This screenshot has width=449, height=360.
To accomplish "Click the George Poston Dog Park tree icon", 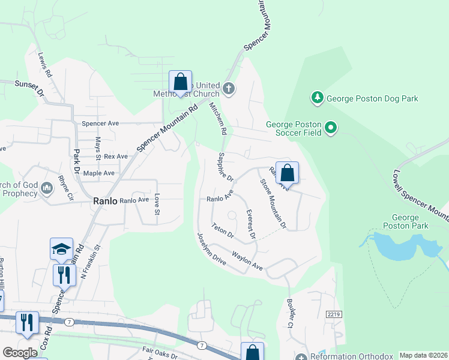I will [316, 97].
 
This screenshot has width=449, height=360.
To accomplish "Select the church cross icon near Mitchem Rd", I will [228, 89].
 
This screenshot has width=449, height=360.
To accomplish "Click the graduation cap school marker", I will [61, 249].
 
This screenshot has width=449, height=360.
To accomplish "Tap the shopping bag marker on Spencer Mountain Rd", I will [179, 82].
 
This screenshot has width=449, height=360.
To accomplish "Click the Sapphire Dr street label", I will [225, 167].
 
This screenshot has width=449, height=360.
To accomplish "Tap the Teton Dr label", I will [222, 232].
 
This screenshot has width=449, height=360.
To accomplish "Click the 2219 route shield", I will [334, 314].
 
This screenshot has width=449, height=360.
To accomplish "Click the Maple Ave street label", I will [99, 173].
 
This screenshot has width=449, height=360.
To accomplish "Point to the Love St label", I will [157, 203].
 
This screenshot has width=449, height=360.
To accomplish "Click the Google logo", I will [20, 353].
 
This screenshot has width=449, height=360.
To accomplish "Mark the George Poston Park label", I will [410, 221].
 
